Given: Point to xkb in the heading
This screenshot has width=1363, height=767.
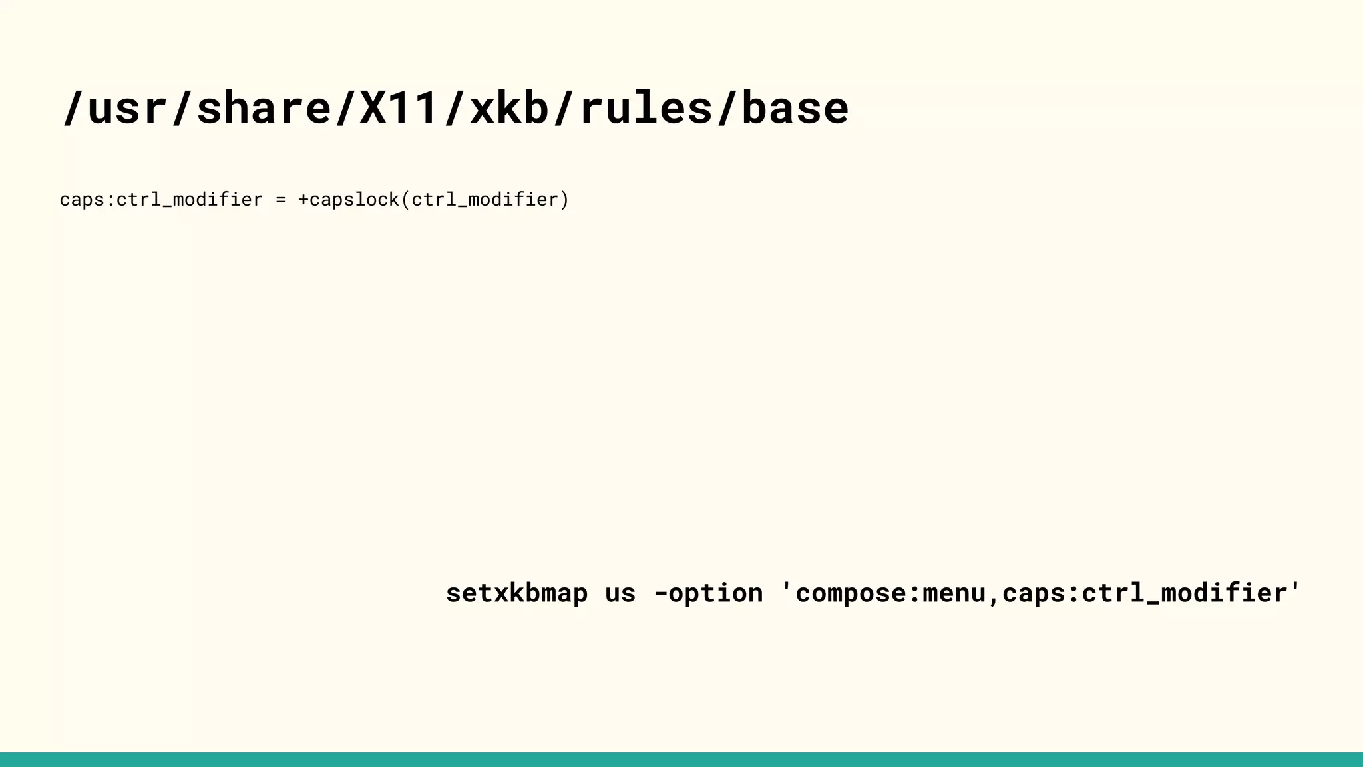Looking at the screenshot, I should coord(509,108).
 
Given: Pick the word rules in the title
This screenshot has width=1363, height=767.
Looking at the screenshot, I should coord(646,108).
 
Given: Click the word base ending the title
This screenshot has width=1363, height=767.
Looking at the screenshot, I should coord(795,108).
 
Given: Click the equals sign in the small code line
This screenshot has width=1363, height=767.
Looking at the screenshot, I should coord(280,200).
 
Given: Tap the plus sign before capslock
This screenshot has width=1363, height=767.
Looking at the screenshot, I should coord(303,200).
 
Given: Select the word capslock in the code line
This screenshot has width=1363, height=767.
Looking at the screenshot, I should coord(354,200).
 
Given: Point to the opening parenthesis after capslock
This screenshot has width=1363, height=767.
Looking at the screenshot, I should coord(405,200).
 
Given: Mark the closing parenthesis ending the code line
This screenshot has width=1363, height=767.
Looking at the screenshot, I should coord(564,200).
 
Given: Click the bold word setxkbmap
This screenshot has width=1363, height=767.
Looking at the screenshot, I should coord(516,593).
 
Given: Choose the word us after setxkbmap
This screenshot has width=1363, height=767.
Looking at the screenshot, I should coord(620,593).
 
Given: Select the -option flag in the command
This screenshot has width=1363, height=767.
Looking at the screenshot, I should coord(708,593).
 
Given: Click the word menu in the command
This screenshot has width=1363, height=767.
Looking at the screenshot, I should coord(954,593).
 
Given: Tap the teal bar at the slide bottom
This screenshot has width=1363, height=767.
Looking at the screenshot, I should coord(681,760).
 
